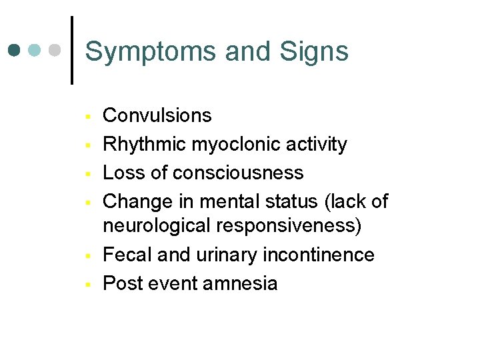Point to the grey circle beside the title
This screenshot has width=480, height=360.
(55, 50)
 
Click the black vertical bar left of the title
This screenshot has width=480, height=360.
(72, 50)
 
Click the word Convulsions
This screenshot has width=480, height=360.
(157, 115)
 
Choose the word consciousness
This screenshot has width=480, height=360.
(237, 173)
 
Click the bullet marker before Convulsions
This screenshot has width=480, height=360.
(87, 117)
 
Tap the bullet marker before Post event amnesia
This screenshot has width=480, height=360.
(87, 285)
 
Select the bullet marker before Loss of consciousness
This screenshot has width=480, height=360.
(87, 175)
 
